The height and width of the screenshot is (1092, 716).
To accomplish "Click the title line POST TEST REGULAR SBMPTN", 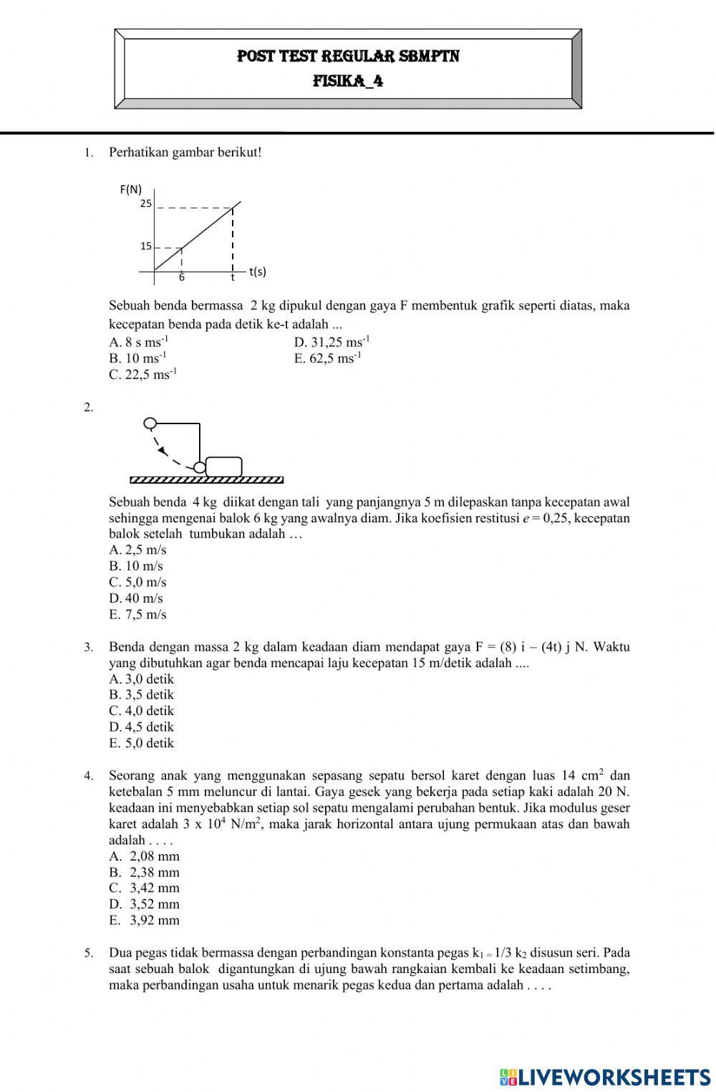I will point(348,56).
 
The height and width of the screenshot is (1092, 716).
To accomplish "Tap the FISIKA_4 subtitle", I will point(348,81).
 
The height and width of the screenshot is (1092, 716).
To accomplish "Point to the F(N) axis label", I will point(130,189).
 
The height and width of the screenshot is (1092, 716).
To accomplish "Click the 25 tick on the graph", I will point(145,203).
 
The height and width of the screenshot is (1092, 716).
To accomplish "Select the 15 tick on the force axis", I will point(145,246).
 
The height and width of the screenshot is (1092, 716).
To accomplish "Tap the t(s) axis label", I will point(257,272).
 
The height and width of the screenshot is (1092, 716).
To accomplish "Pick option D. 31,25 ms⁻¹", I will point(332,343).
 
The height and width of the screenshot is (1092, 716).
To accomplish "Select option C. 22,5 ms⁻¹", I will point(142,375).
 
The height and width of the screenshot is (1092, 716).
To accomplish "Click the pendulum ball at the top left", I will point(150,423).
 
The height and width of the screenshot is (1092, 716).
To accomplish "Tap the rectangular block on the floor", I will point(223,466).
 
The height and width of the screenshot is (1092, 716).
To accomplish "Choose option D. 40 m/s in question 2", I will point(136,598).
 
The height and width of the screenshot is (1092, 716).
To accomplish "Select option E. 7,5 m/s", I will point(137,615).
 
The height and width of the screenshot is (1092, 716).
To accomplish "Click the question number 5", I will point(88,954).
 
